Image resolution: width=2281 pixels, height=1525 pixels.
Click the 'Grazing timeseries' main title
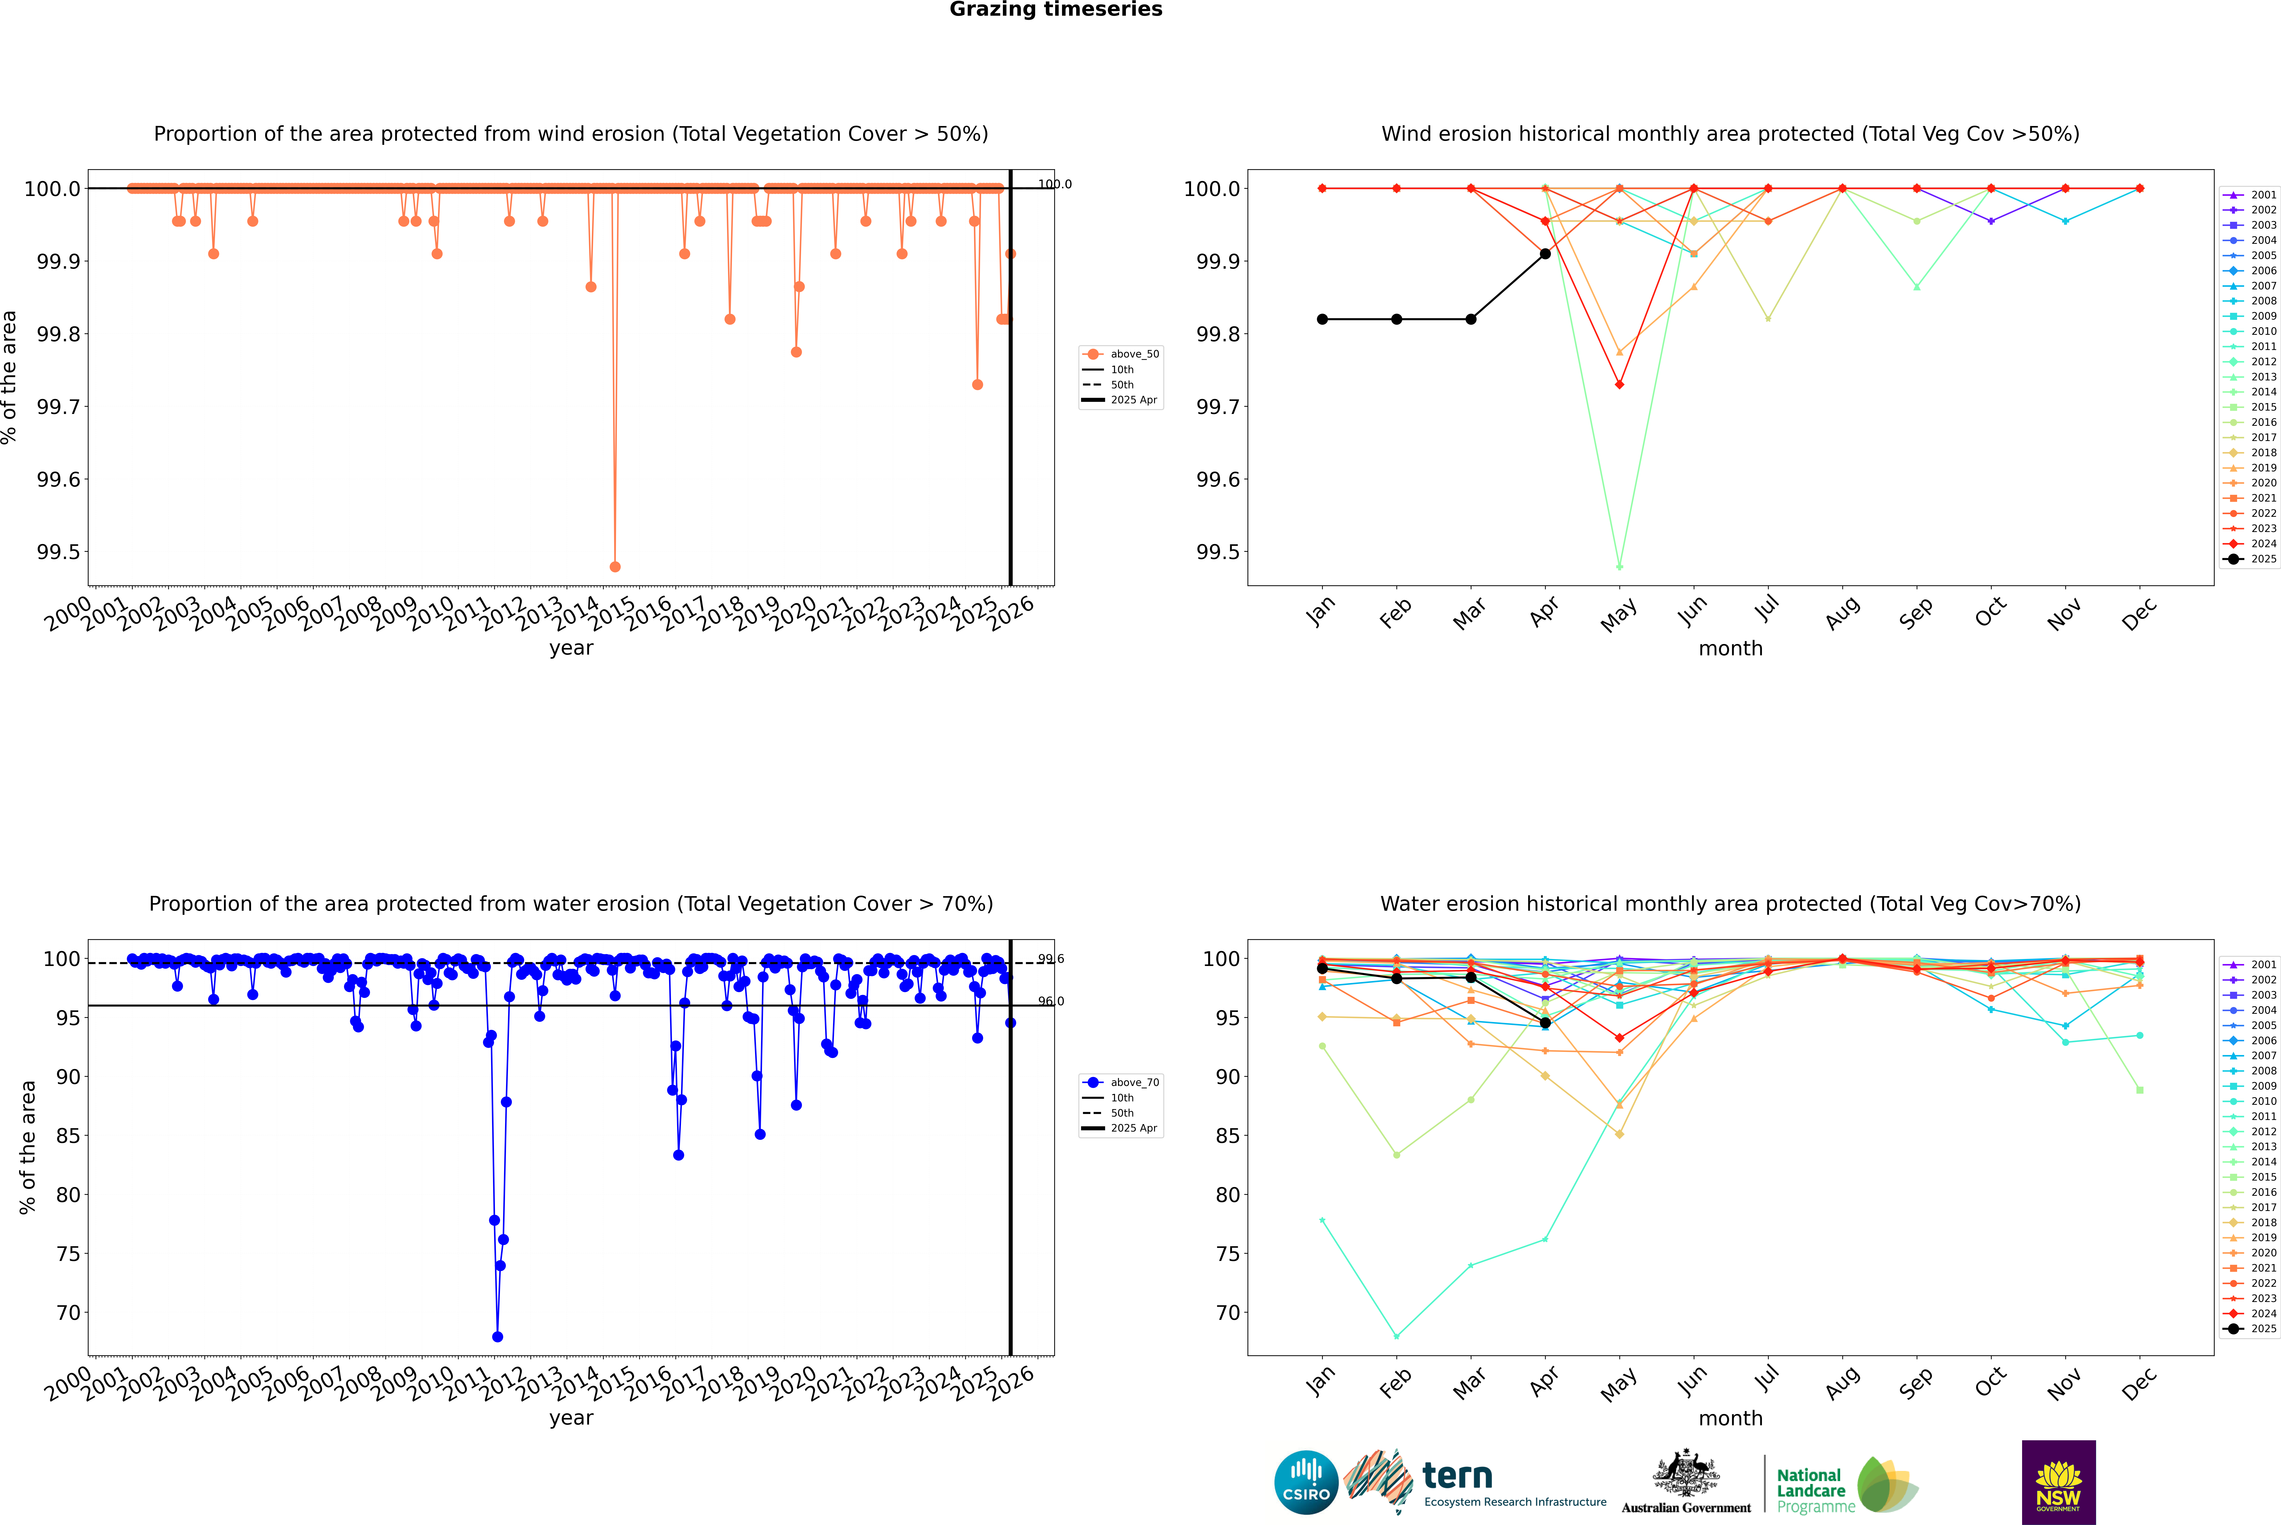[1056, 10]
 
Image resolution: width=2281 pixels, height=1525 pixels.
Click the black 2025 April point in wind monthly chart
[1545, 254]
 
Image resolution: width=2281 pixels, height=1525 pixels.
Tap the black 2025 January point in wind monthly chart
[1322, 319]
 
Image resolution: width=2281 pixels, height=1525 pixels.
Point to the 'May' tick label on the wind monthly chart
[1618, 615]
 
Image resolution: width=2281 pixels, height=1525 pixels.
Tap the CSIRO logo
[1306, 1482]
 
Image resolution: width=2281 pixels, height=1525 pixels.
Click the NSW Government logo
[2058, 1482]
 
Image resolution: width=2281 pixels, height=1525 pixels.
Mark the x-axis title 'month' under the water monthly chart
[1730, 1418]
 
